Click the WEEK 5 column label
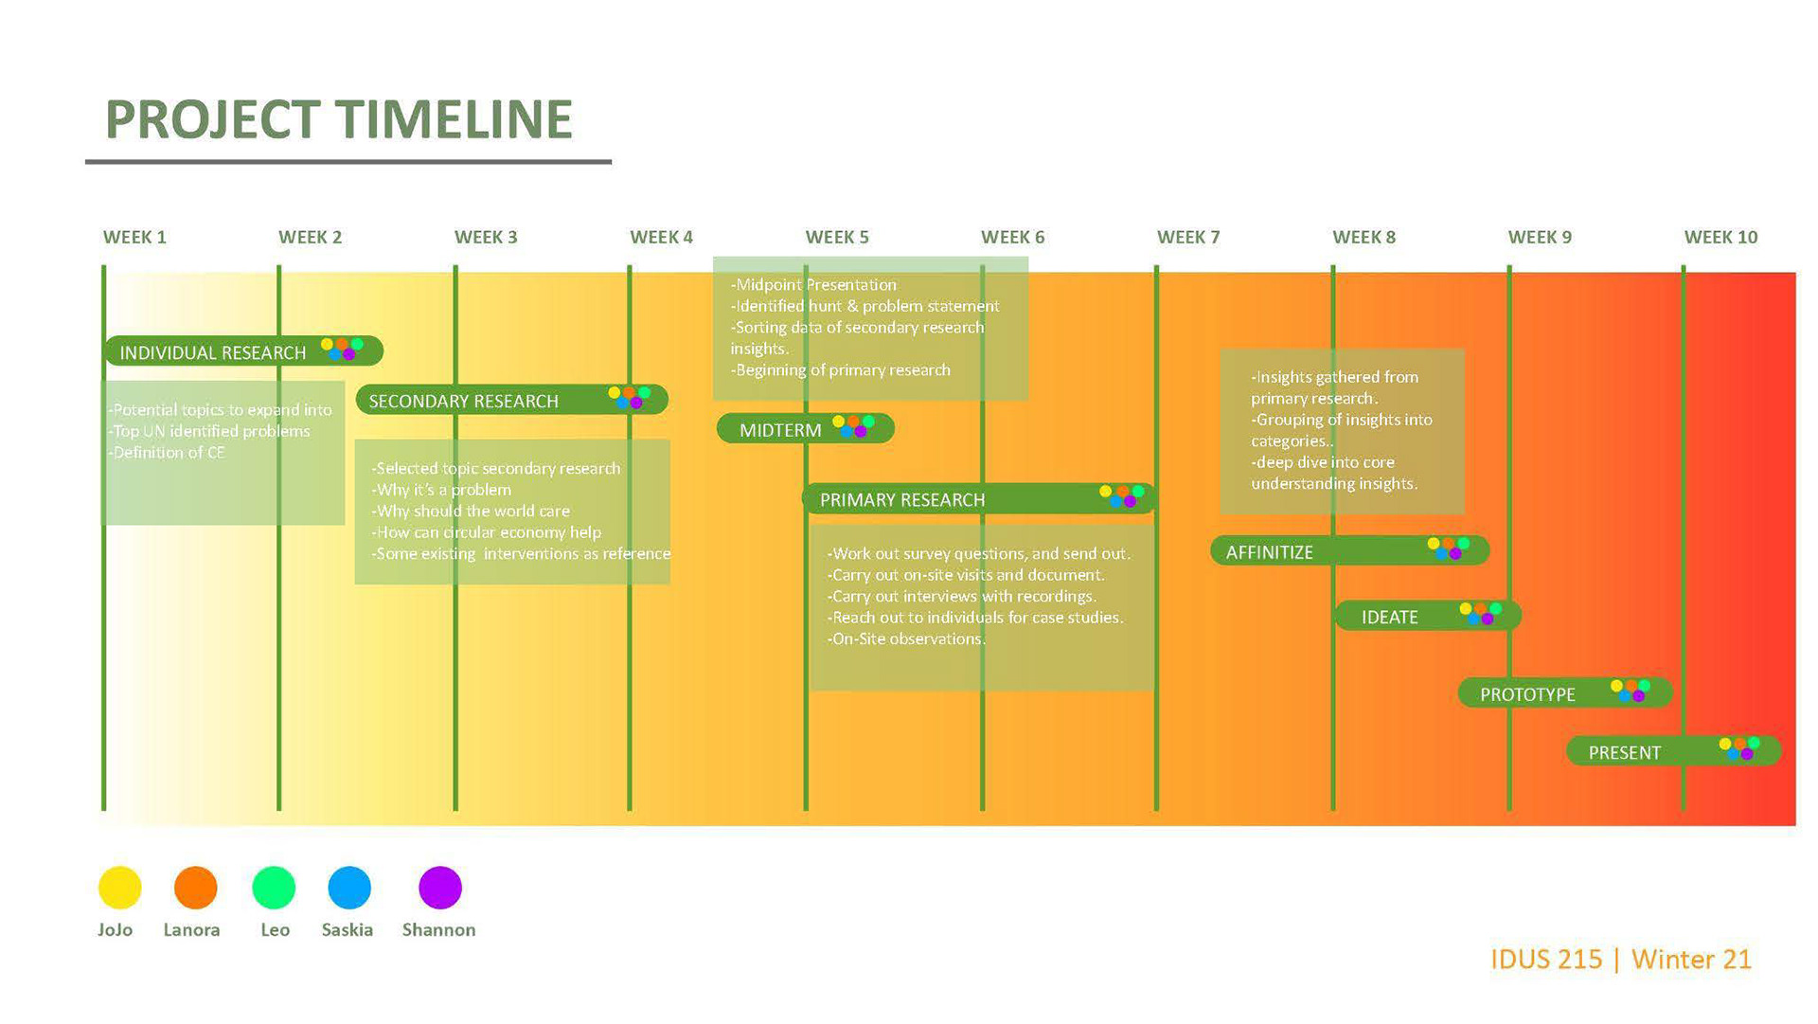pyautogui.click(x=836, y=237)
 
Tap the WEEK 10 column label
pyautogui.click(x=1720, y=237)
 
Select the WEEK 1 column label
pyautogui.click(x=134, y=237)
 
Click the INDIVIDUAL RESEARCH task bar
pyautogui.click(x=242, y=351)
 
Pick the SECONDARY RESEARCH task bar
pyautogui.click(x=511, y=400)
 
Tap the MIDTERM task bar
pyautogui.click(x=805, y=429)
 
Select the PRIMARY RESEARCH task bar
pyautogui.click(x=978, y=498)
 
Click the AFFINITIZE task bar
pyautogui.click(x=1348, y=550)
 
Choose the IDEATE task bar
pyautogui.click(x=1426, y=616)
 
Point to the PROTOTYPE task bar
pyautogui.click(x=1563, y=693)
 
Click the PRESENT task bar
pyautogui.click(x=1672, y=751)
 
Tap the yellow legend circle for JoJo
pyautogui.click(x=120, y=888)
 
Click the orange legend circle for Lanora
pyautogui.click(x=196, y=888)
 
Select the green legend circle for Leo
pyautogui.click(x=274, y=888)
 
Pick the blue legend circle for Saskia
pyautogui.click(x=349, y=888)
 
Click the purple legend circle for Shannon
pyautogui.click(x=440, y=888)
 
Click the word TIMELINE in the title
pyautogui.click(x=454, y=119)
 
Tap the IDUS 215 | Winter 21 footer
pyautogui.click(x=1620, y=959)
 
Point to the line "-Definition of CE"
pyautogui.click(x=168, y=453)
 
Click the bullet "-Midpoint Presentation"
pyautogui.click(x=814, y=284)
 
